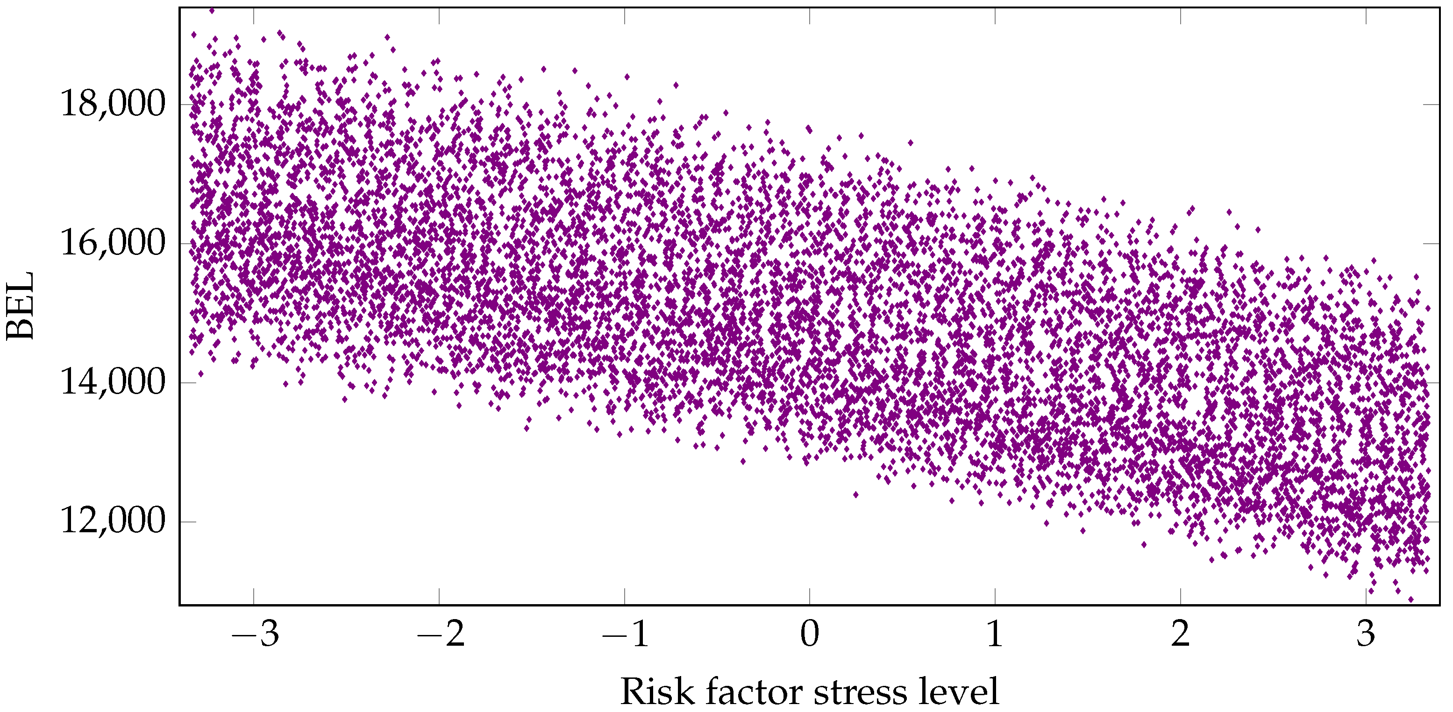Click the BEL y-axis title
tap(20, 306)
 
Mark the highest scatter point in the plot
tap(212, 10)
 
